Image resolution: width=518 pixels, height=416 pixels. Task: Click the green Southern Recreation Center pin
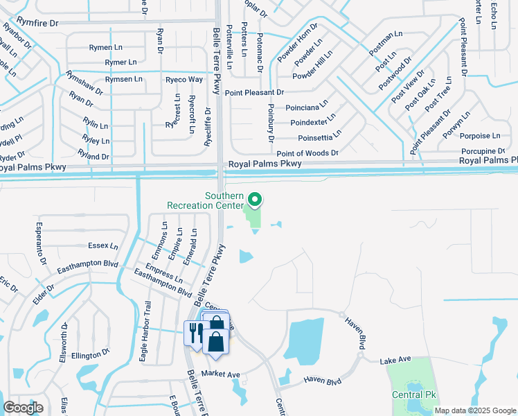click(x=254, y=200)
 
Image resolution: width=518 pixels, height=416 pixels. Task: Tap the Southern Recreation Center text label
click(x=205, y=200)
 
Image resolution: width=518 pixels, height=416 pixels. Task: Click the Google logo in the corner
click(x=23, y=408)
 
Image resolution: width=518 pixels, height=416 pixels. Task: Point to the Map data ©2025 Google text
click(x=475, y=410)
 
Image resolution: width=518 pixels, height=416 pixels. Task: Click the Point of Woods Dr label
click(x=307, y=153)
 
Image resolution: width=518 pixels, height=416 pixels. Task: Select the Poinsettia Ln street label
click(x=319, y=136)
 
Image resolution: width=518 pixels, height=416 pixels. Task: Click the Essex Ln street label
click(x=103, y=246)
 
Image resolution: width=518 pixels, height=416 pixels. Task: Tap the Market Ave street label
click(x=220, y=374)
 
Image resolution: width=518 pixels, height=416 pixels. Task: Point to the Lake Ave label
click(x=395, y=359)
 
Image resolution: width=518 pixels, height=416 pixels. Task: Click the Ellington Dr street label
click(x=86, y=356)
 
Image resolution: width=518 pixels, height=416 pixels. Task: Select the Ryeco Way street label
click(x=184, y=80)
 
